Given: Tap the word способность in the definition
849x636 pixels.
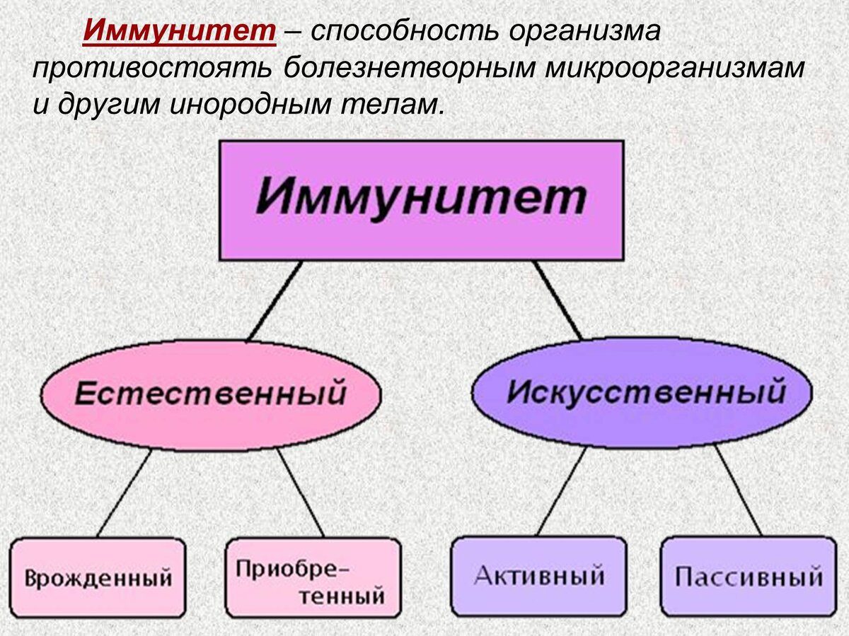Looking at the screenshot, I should [x=395, y=32].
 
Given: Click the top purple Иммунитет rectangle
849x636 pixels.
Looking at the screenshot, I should [x=421, y=200].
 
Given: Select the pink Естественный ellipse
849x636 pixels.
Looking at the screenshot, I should [x=210, y=394].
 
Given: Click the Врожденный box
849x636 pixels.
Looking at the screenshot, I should [x=98, y=577].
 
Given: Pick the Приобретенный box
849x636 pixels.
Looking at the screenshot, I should [x=312, y=577].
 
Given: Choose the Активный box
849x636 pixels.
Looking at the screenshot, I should [x=538, y=576].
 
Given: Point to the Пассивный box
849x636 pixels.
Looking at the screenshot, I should [x=748, y=576].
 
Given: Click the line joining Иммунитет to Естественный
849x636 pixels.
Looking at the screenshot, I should [x=275, y=301].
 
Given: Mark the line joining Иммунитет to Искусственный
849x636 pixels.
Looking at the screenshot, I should [x=558, y=300].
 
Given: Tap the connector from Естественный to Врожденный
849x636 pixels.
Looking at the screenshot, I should [x=125, y=493].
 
